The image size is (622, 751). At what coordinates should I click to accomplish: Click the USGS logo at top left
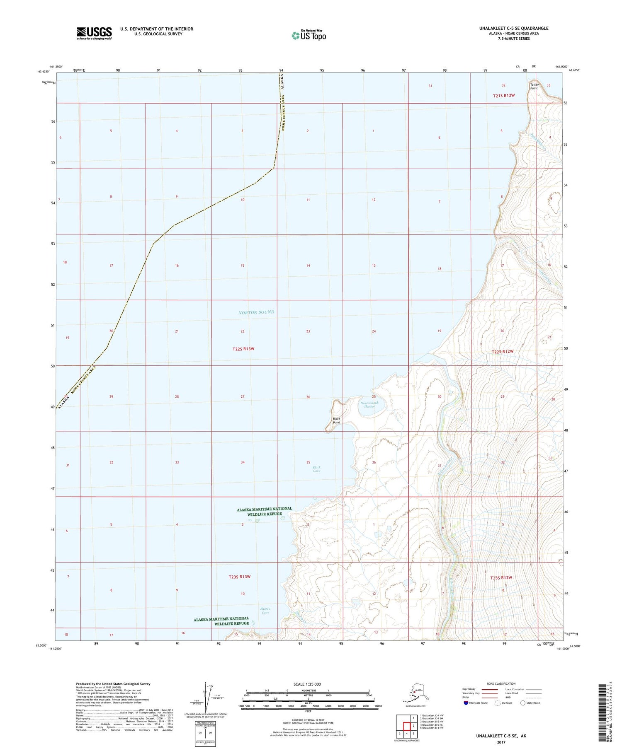point(94,33)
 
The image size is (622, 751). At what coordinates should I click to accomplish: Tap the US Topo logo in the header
point(309,35)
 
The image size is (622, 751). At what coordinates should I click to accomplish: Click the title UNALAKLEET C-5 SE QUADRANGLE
point(513,28)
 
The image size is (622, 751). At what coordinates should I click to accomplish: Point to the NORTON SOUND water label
point(256,312)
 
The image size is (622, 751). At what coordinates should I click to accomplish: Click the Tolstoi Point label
point(534,86)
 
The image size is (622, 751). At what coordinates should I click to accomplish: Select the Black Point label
point(336,420)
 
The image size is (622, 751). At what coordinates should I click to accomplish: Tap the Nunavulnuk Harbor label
point(369,405)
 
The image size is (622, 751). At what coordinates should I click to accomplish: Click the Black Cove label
point(316,469)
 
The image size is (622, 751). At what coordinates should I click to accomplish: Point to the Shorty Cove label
point(265,611)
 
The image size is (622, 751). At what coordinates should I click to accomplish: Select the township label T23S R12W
point(501,577)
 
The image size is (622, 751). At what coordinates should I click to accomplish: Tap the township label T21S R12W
point(503,96)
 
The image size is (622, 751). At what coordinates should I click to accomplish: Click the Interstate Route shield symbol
point(466,703)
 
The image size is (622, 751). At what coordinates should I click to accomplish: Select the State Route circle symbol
point(523,703)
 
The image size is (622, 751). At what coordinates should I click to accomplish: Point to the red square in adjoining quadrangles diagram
point(406,727)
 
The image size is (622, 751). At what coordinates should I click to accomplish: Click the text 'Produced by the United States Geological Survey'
point(113,684)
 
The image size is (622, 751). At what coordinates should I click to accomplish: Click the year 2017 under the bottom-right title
point(501,742)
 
